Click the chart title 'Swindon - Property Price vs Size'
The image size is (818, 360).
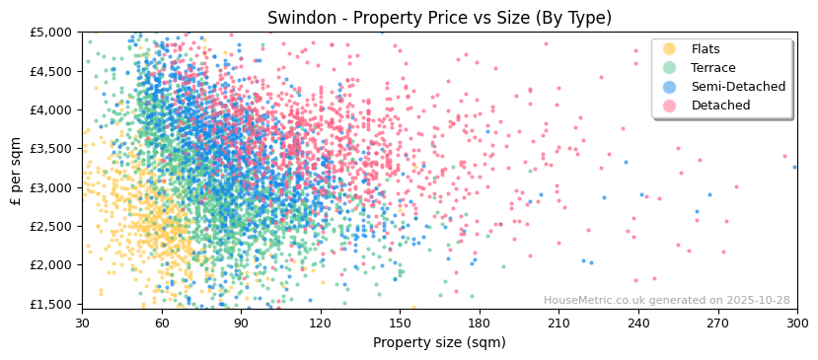439,18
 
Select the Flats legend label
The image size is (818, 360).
706,49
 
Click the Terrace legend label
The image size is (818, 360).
713,68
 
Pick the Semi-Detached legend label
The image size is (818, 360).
738,87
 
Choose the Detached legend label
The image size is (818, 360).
720,106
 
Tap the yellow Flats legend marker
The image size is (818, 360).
669,49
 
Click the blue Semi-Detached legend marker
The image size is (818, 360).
669,87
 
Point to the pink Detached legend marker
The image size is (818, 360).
669,106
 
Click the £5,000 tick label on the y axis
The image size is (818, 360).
52,33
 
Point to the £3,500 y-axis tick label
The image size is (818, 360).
52,149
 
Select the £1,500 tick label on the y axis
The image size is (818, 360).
52,304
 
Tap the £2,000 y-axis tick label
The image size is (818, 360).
52,265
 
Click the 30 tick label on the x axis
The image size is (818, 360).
82,323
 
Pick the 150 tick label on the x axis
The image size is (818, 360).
400,323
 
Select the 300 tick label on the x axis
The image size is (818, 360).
796,323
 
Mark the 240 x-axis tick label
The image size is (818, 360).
638,323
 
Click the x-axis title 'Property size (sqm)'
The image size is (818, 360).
439,342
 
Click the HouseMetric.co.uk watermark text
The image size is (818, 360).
666,301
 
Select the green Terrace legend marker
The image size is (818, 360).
669,68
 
